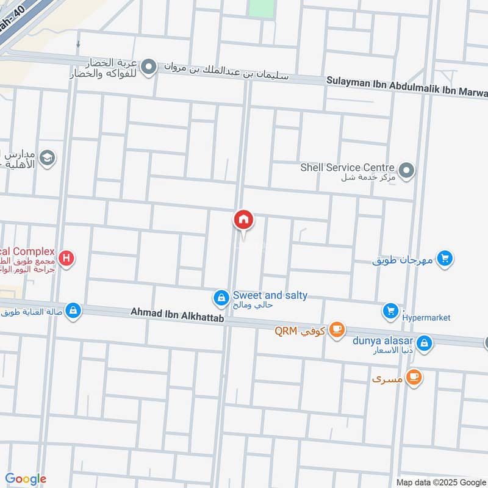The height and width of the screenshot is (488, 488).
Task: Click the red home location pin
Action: pos(243,220)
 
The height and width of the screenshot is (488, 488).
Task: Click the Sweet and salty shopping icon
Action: pos(220,298)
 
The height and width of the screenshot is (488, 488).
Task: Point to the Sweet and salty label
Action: pos(270,296)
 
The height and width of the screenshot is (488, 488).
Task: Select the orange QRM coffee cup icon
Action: pos(336,330)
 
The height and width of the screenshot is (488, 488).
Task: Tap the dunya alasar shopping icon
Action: pos(425,343)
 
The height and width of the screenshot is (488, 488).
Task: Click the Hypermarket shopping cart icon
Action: pos(390,312)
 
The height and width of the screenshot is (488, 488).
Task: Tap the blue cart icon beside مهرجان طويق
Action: pos(445,259)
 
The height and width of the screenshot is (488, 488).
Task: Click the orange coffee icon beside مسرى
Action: pos(414,378)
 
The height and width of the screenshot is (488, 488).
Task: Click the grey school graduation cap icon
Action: pos(47,159)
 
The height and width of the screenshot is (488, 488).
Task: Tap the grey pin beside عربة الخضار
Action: pos(149,68)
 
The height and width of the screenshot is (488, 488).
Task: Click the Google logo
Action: pos(26,479)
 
